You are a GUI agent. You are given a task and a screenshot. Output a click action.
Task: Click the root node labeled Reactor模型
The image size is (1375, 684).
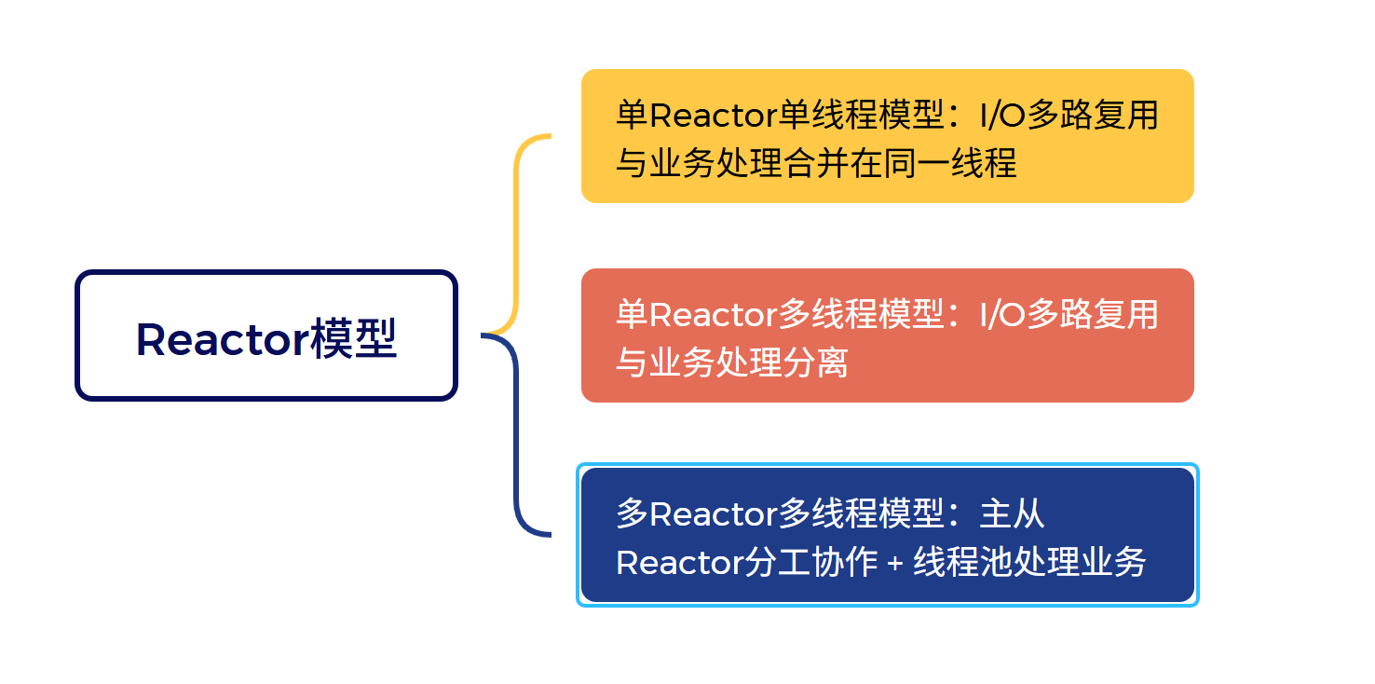[x=266, y=336]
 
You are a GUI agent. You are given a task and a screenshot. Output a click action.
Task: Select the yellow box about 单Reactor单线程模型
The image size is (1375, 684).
[x=887, y=136]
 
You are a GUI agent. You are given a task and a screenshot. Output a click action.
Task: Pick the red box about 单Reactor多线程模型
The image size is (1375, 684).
[x=887, y=335]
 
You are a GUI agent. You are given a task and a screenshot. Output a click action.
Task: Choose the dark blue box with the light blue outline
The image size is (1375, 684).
[x=887, y=535]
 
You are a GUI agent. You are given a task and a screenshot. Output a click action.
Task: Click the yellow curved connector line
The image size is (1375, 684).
[x=517, y=233]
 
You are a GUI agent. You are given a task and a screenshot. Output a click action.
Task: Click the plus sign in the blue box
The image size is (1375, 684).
[x=894, y=563]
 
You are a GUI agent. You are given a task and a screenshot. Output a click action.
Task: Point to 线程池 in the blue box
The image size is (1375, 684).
[x=964, y=563]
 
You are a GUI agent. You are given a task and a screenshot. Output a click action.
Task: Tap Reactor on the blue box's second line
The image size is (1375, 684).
[x=679, y=563]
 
